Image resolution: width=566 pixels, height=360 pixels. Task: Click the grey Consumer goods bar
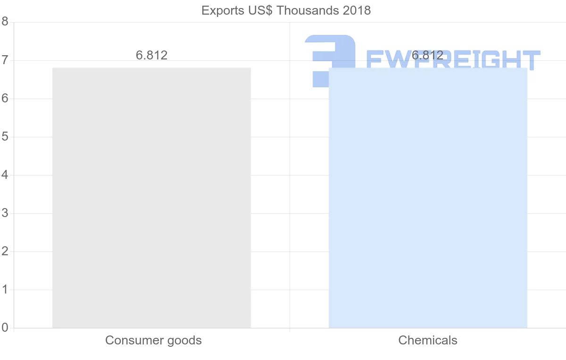pos(151,198)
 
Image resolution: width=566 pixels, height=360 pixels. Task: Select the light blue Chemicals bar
pos(427,198)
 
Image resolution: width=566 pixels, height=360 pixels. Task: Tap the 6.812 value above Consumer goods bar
pos(151,55)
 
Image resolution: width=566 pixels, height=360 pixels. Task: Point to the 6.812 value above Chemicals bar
pos(427,55)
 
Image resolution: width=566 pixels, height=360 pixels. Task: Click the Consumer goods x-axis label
pos(153,340)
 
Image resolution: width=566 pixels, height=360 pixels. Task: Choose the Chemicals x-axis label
pos(428,340)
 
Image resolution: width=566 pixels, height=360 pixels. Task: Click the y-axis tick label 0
pos(5,327)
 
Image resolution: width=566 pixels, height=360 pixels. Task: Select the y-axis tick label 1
pos(5,290)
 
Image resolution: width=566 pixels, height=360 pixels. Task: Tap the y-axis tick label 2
pos(5,251)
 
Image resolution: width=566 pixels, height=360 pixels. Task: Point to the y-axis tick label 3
pos(5,213)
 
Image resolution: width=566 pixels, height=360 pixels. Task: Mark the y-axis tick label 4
pos(5,175)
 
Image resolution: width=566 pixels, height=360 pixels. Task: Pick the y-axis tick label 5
pos(5,137)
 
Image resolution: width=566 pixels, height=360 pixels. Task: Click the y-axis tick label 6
pos(5,99)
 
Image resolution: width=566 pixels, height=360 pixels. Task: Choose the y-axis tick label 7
pos(5,60)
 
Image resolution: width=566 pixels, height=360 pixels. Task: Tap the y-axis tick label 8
pos(5,22)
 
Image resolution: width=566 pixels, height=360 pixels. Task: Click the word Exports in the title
pos(220,10)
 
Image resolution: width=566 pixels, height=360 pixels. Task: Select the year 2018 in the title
pos(357,10)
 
